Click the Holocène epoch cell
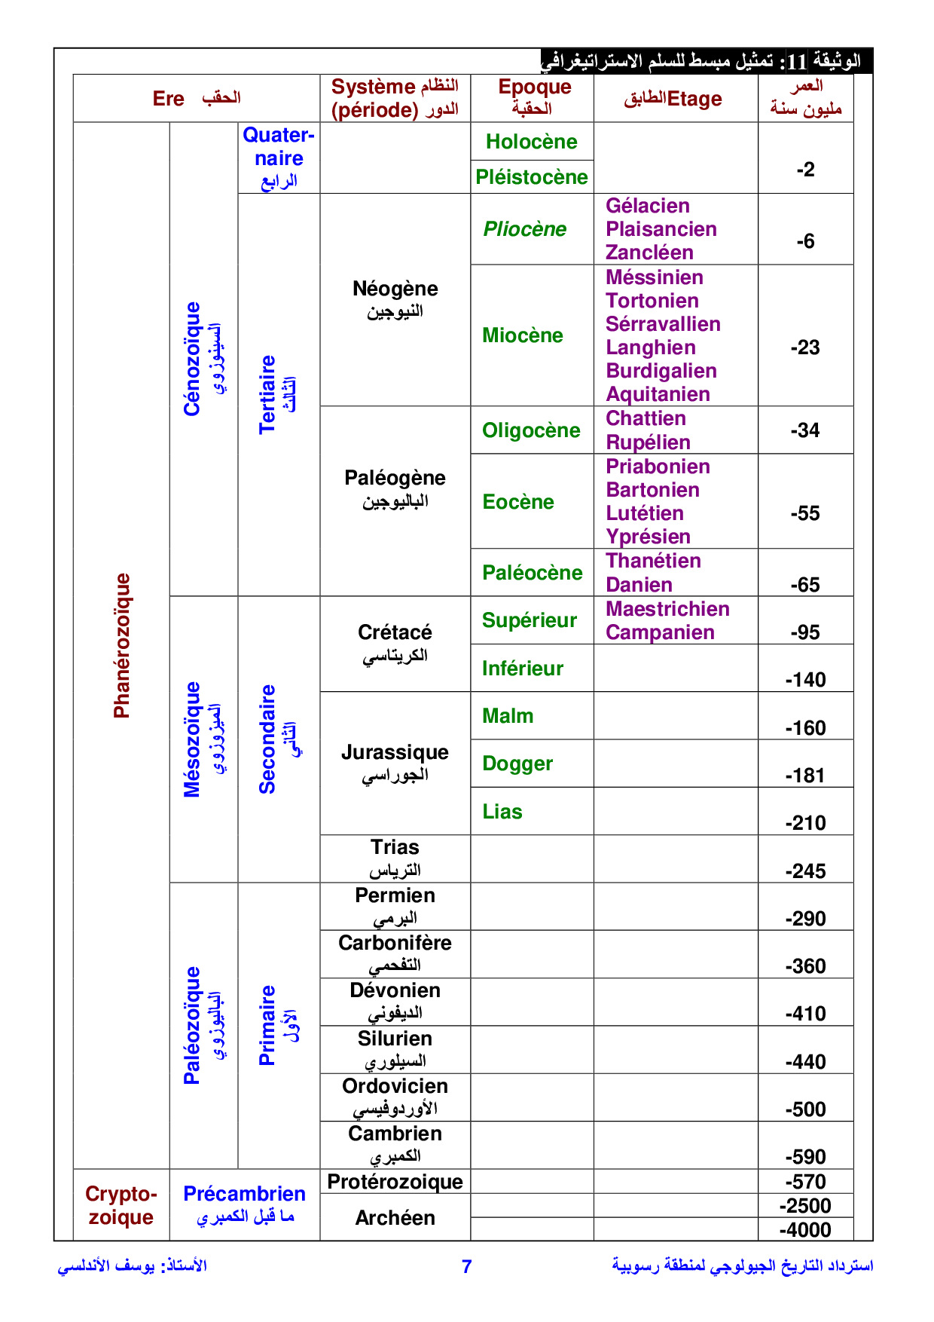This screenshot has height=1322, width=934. click(531, 142)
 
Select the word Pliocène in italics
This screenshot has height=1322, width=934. click(524, 229)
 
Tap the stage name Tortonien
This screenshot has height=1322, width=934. click(652, 301)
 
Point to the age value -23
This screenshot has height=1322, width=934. click(805, 347)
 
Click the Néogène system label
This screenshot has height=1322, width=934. click(395, 289)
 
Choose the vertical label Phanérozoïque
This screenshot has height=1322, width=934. click(122, 645)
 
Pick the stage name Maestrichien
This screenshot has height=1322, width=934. click(667, 609)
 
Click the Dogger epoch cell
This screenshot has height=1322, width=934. click(517, 764)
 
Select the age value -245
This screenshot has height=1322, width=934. click(805, 871)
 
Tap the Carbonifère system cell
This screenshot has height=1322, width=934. click(395, 943)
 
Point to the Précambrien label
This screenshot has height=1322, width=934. click(244, 1194)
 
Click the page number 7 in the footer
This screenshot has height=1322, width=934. click(466, 1267)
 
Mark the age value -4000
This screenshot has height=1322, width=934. click(805, 1230)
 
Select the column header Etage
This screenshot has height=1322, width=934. click(694, 99)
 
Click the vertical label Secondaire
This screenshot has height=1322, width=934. click(267, 739)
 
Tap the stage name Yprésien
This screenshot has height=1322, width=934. click(648, 537)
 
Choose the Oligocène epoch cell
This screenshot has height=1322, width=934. click(531, 430)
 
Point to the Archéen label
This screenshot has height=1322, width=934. click(395, 1218)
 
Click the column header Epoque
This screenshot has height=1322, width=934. click(535, 87)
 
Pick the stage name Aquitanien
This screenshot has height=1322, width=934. click(658, 394)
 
